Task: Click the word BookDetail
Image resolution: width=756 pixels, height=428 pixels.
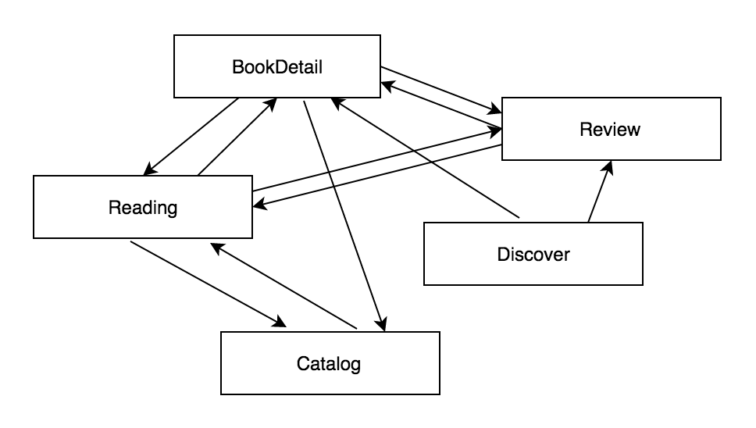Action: tap(277, 66)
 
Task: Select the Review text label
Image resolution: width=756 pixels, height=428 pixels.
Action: tap(610, 129)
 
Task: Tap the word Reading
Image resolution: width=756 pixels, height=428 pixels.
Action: tap(143, 208)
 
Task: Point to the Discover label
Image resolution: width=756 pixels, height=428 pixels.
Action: tap(533, 254)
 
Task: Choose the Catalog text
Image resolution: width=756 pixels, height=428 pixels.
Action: tap(329, 364)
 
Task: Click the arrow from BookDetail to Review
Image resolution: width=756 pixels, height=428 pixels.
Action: tap(441, 91)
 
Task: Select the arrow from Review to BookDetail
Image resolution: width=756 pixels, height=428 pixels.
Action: tap(441, 105)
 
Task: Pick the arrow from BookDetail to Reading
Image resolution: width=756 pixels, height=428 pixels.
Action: tap(191, 137)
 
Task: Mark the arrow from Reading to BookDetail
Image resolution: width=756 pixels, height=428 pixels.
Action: tap(237, 137)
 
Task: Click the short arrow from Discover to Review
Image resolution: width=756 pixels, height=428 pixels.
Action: tap(600, 192)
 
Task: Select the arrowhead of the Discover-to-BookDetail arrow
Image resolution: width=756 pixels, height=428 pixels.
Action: tap(336, 102)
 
